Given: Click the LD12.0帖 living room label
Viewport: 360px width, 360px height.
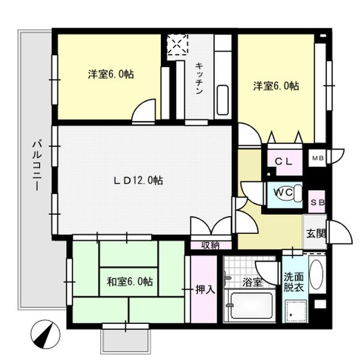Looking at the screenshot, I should pos(139,179).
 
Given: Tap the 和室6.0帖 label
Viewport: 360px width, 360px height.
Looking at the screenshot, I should pos(130,281).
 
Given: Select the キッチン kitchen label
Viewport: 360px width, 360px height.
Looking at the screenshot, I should pos(199,78).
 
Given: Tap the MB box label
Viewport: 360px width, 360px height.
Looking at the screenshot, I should pos(317,158).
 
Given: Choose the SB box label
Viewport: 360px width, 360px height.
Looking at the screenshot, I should pos(317,203).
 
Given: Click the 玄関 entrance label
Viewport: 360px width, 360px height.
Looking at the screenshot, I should pos(316,233).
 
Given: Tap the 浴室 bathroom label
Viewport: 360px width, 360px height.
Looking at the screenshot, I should pos(251,281).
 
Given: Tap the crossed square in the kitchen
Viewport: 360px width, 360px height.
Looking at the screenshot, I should pos(178,46).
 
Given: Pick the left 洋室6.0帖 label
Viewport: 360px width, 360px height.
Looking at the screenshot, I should pos(111,74).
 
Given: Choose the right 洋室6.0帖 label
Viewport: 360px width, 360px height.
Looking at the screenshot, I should pos(275,86).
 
